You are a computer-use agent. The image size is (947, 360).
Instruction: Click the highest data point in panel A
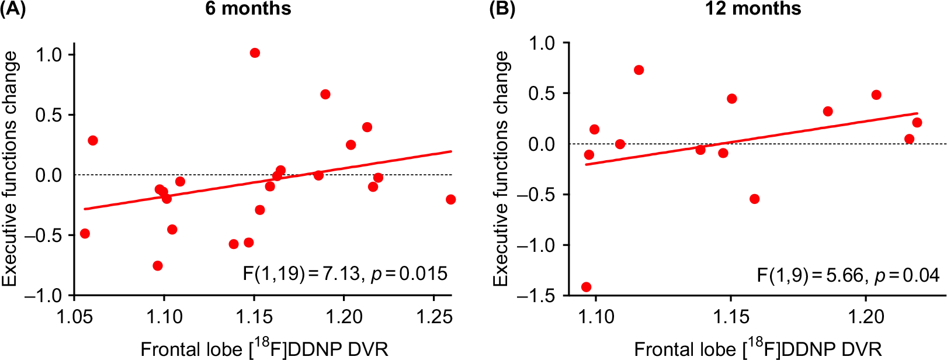point(255,53)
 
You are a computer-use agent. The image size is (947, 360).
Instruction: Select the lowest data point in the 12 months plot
point(586,287)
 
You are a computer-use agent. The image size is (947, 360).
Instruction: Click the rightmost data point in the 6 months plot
point(450,200)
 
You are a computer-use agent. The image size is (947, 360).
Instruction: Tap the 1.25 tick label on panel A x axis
point(433,317)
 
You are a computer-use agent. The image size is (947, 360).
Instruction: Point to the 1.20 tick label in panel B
point(866,317)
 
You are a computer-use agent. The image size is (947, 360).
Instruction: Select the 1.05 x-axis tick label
point(74,317)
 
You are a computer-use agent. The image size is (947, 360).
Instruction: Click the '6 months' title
point(248,9)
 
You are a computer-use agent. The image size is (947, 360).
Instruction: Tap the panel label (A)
point(13,9)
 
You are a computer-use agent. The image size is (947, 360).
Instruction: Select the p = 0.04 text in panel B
point(907,275)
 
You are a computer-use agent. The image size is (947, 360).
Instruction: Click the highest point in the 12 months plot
point(639,70)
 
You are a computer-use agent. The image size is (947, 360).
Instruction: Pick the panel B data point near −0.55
point(754,199)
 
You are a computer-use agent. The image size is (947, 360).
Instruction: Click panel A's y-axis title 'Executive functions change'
point(10,169)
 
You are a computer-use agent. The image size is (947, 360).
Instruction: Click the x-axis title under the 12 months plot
point(758,349)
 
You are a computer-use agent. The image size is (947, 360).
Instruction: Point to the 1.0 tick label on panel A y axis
point(48,55)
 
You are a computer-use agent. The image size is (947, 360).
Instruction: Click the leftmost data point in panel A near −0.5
point(85,234)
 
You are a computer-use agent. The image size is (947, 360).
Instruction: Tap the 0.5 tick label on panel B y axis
point(542,94)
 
